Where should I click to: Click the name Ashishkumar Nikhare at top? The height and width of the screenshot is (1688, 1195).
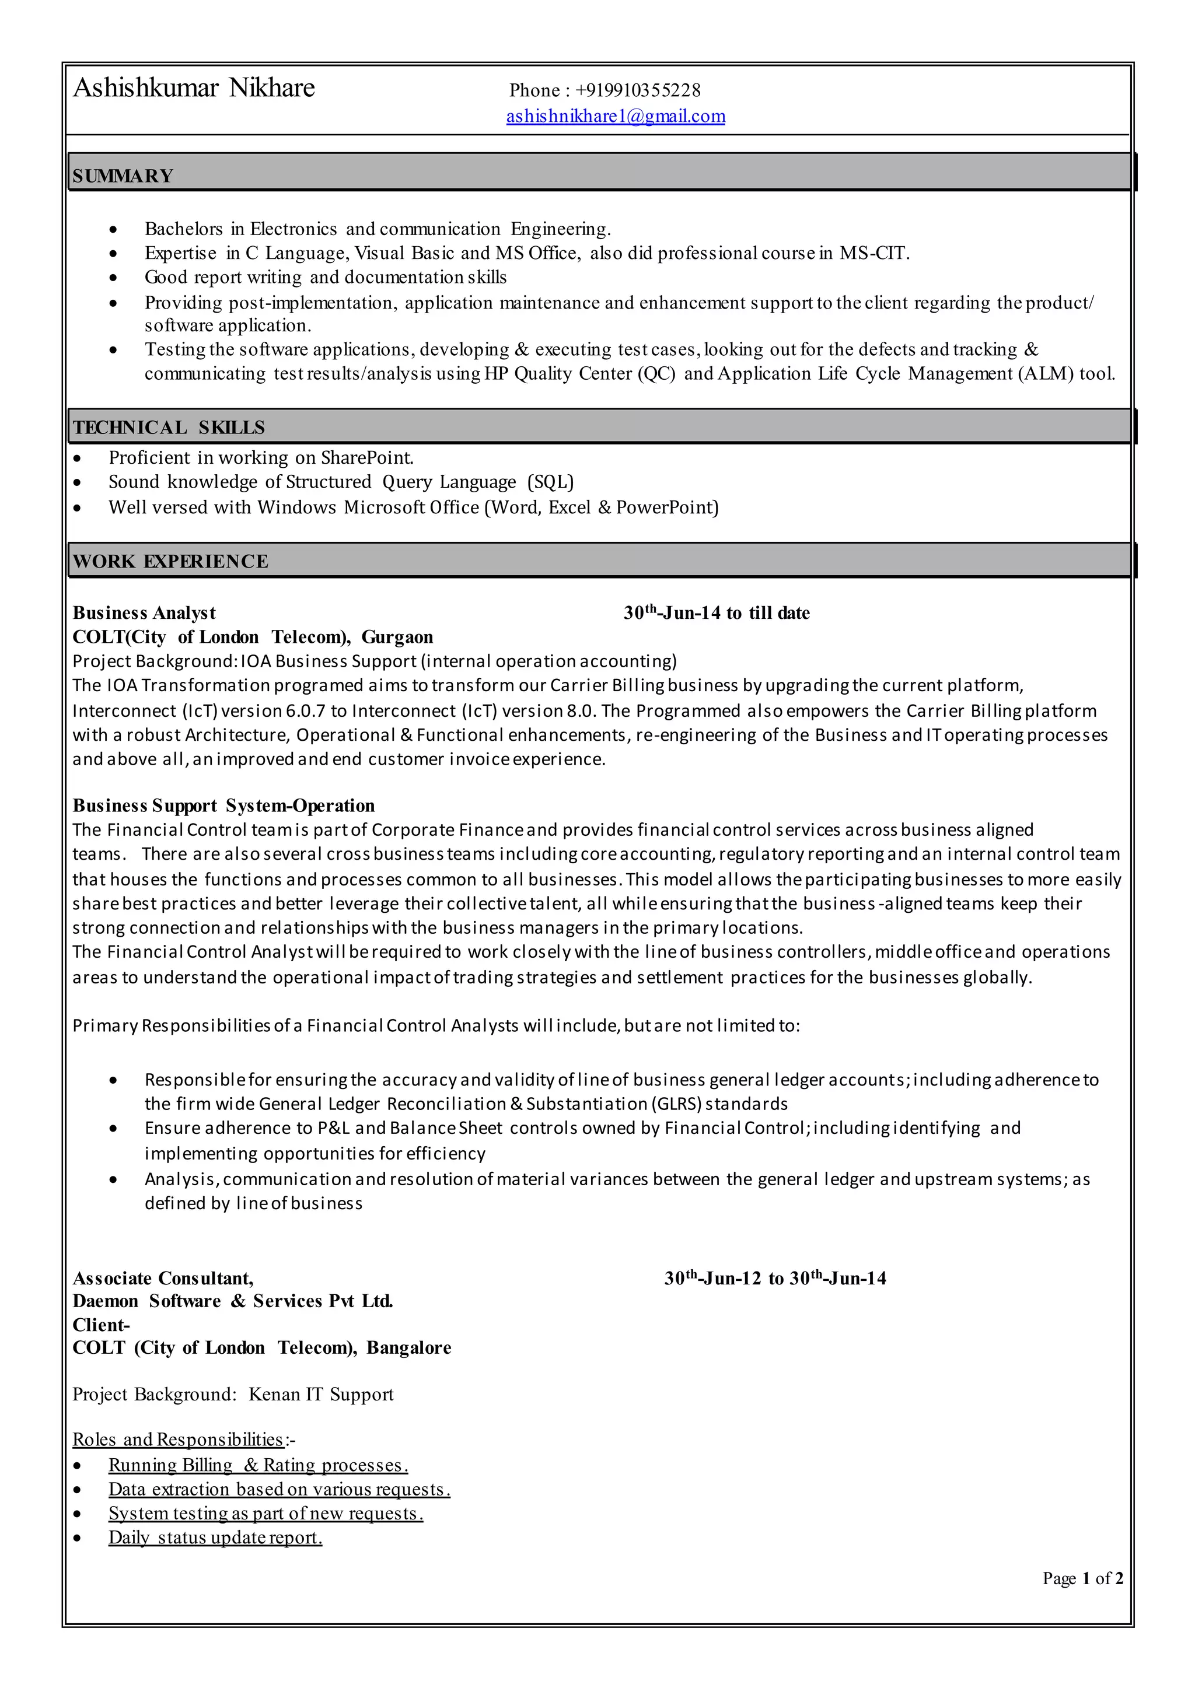pos(194,87)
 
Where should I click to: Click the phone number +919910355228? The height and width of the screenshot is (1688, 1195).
pos(637,90)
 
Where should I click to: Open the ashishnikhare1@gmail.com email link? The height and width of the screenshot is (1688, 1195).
pos(615,116)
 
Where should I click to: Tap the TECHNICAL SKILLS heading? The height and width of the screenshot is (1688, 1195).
pos(169,428)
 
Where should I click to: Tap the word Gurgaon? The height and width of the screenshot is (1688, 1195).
pos(397,637)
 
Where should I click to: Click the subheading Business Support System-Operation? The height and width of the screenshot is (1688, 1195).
pos(223,806)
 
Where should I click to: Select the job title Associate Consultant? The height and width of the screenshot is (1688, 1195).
pos(163,1279)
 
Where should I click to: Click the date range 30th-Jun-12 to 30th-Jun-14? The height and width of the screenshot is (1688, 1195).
pos(775,1279)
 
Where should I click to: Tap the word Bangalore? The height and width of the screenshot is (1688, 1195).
pos(409,1347)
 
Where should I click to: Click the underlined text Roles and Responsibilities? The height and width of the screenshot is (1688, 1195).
pos(178,1440)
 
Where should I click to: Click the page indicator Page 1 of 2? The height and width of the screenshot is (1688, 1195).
pos(1082,1578)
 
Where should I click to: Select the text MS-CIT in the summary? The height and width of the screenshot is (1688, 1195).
pos(873,253)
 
